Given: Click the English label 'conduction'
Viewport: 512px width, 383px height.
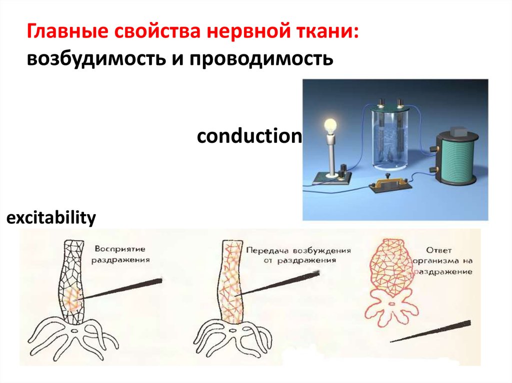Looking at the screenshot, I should [249, 135].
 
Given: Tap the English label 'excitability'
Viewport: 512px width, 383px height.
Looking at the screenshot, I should [50, 218].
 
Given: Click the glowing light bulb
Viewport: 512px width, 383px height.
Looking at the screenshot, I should [331, 125].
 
